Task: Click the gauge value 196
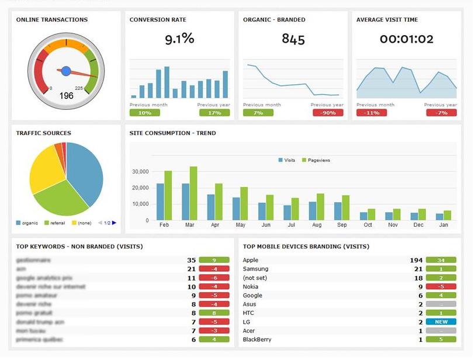(66, 95)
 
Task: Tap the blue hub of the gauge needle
(66, 71)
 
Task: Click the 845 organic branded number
(293, 39)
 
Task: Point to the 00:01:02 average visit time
(407, 39)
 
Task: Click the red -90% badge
(328, 113)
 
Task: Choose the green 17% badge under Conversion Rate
(214, 113)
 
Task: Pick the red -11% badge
(372, 113)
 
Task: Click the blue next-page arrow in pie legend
(115, 223)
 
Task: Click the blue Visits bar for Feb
(160, 202)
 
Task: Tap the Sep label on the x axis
(342, 224)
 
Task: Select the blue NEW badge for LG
(441, 322)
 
